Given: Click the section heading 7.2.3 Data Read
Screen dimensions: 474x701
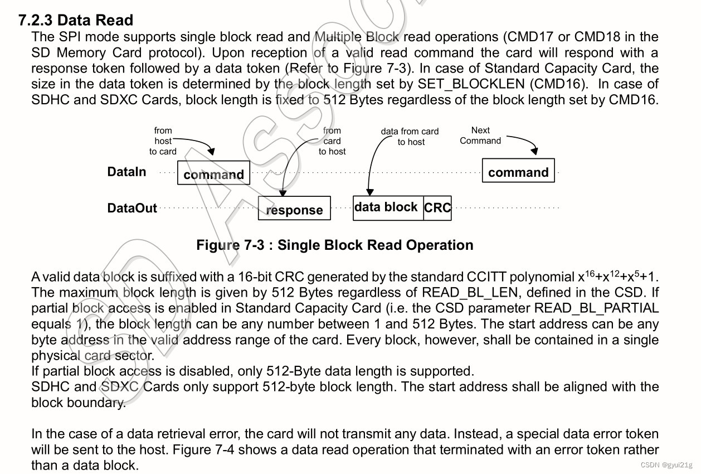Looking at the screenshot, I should (x=76, y=20).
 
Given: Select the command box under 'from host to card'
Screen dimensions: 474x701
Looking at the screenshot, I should (x=213, y=173).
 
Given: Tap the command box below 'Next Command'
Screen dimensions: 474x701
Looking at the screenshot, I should (x=518, y=171).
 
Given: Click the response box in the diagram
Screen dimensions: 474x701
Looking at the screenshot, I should (x=294, y=209).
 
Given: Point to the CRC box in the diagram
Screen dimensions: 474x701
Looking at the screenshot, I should (x=437, y=208).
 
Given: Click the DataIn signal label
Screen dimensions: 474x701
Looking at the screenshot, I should (x=126, y=172).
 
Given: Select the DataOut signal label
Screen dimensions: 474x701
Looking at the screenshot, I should (x=132, y=209).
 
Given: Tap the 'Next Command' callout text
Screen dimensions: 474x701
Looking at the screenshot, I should (x=480, y=136).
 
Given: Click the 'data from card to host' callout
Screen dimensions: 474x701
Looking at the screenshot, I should (x=410, y=137).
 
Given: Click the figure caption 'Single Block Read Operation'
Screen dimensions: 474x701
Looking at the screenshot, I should (x=334, y=245).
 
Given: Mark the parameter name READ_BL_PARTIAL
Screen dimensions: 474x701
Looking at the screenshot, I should (x=596, y=308).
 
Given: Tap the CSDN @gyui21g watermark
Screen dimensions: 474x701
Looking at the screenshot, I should (x=666, y=465).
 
